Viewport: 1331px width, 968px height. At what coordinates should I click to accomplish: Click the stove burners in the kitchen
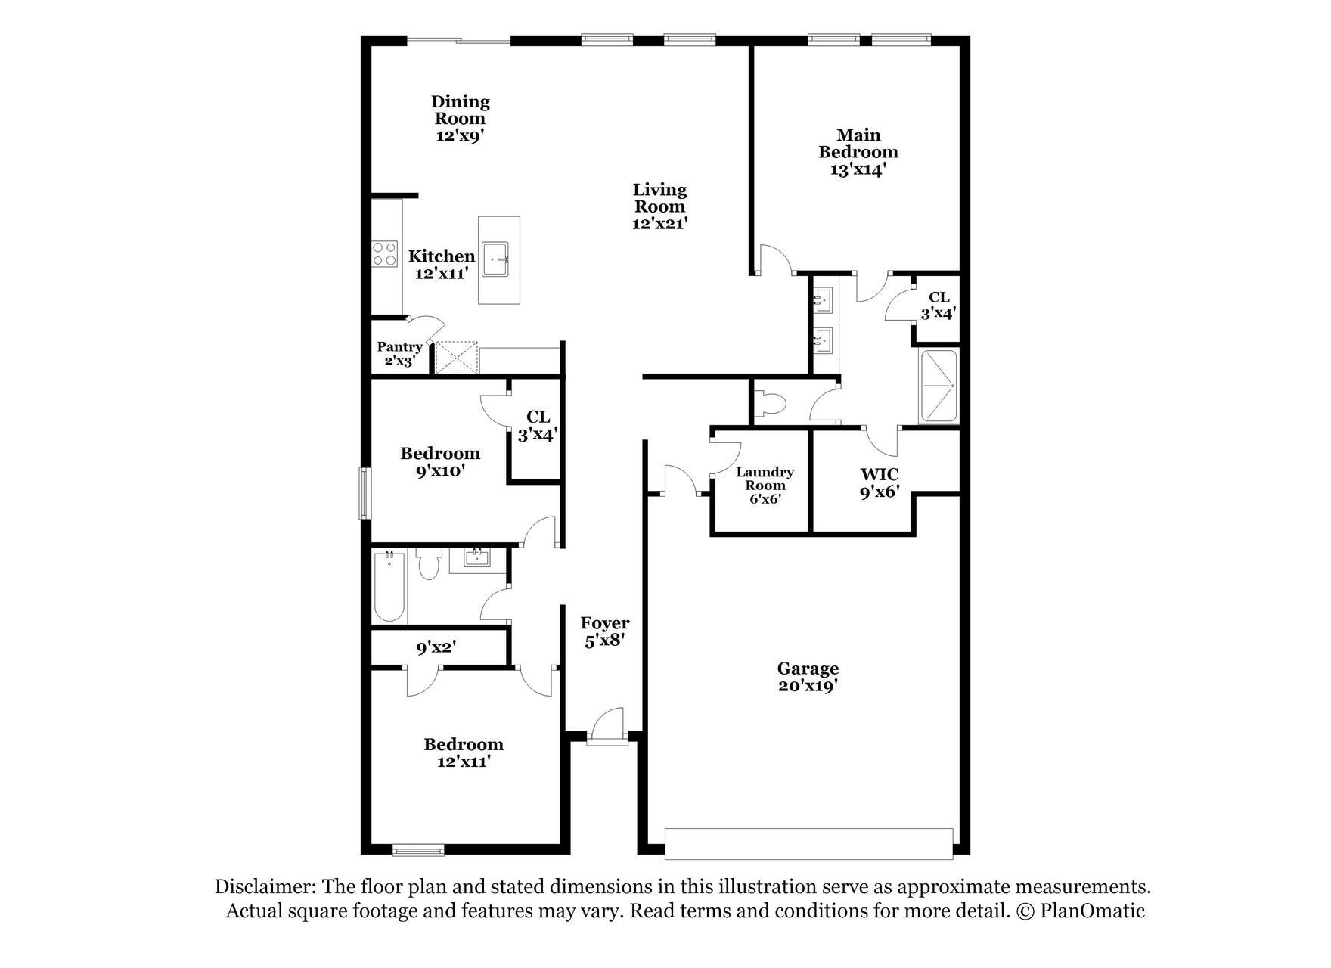(385, 253)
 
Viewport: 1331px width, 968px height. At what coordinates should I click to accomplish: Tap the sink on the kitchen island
(498, 260)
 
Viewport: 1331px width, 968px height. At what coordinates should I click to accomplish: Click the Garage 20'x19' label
(808, 677)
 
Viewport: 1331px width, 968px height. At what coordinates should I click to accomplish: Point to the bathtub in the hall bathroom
(389, 587)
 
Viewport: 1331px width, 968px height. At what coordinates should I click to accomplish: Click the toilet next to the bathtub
(429, 564)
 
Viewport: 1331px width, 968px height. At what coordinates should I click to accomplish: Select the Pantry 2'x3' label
(399, 353)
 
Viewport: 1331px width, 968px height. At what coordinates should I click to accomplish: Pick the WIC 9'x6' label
(880, 482)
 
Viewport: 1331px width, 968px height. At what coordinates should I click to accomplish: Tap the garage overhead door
(808, 843)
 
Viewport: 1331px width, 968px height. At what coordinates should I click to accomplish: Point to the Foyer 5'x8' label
(604, 631)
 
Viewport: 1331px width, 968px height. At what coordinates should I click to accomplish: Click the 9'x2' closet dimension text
(436, 647)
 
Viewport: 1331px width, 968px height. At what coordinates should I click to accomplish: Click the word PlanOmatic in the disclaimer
(1092, 911)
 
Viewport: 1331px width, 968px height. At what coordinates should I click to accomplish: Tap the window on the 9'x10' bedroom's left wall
(365, 493)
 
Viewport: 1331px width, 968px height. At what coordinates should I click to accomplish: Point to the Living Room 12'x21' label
(659, 206)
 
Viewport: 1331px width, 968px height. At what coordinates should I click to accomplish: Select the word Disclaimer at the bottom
(264, 886)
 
